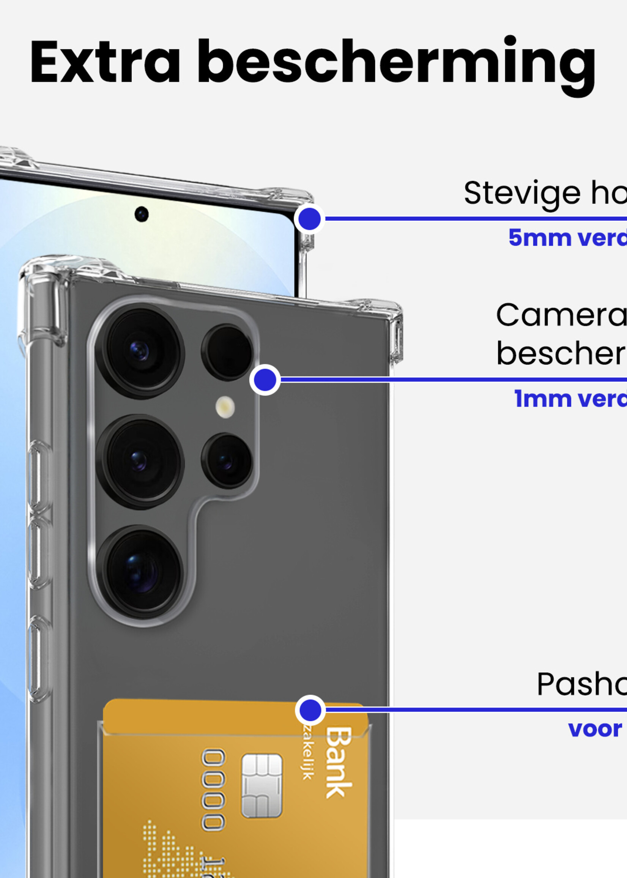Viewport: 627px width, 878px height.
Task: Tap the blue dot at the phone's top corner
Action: [x=309, y=219]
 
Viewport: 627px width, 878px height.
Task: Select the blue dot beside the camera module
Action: [x=265, y=380]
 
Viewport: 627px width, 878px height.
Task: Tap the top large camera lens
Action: [x=140, y=351]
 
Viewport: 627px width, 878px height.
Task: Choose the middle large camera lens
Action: [x=140, y=461]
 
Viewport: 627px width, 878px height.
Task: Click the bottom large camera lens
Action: [x=140, y=571]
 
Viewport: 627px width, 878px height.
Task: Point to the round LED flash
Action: [x=225, y=407]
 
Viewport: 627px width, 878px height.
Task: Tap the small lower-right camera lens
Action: [x=227, y=460]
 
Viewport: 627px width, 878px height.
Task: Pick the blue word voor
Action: [x=595, y=729]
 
